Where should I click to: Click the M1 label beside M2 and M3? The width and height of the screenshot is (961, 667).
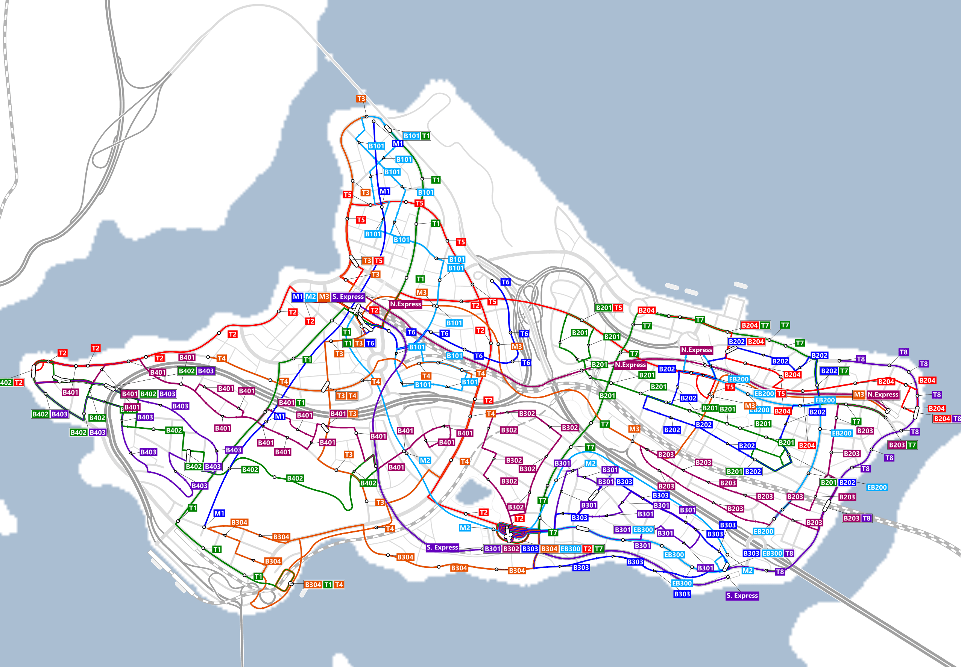298,297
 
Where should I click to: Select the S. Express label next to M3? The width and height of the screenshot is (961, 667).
348,297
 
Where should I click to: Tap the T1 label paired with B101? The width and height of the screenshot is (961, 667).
426,136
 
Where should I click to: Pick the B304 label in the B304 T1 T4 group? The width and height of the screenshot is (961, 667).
313,585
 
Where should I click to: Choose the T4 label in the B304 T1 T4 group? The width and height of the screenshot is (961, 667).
339,585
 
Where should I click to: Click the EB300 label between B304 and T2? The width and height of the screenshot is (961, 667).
570,549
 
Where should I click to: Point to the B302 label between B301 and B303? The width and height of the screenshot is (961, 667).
511,549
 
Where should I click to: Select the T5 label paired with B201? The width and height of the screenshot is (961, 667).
618,308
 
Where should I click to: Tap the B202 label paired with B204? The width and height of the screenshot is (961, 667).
736,342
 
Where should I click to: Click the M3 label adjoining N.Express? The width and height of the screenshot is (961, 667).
859,395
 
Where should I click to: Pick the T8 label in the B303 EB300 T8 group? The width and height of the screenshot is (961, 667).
789,553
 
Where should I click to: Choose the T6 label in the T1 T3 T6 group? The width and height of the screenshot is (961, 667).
370,343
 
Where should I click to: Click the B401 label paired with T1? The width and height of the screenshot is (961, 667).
287,402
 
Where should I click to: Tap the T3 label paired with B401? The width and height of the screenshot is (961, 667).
352,414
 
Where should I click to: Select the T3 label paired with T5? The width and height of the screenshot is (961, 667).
367,261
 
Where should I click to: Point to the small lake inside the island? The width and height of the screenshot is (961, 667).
472,492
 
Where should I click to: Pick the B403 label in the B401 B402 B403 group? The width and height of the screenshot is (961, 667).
167,394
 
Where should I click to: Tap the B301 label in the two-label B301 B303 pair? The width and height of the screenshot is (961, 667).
606,482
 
